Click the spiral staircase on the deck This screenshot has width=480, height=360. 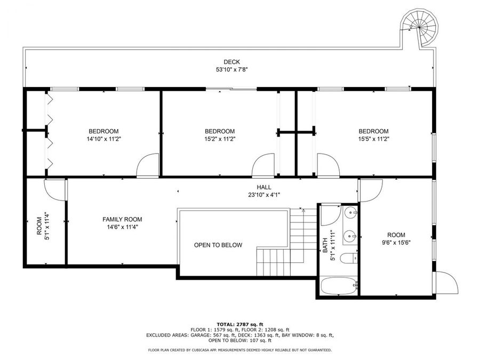tap(419, 27)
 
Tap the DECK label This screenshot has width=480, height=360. tap(231, 62)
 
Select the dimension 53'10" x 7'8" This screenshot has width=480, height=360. tap(231, 69)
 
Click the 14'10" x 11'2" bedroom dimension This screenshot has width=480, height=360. tap(103, 139)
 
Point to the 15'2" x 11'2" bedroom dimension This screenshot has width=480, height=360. tap(220, 139)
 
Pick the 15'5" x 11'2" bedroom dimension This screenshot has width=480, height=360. tap(373, 139)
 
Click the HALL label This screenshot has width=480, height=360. tap(263, 187)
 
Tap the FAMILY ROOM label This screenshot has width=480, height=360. tap(122, 219)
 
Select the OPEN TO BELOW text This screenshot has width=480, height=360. tap(218, 245)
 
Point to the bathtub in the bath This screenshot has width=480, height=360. tap(339, 286)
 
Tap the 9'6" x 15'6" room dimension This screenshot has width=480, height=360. tap(396, 242)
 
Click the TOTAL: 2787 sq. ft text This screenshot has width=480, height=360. tap(239, 324)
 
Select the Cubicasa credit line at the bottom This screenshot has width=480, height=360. tap(239, 350)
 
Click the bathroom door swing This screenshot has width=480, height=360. tap(330, 214)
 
